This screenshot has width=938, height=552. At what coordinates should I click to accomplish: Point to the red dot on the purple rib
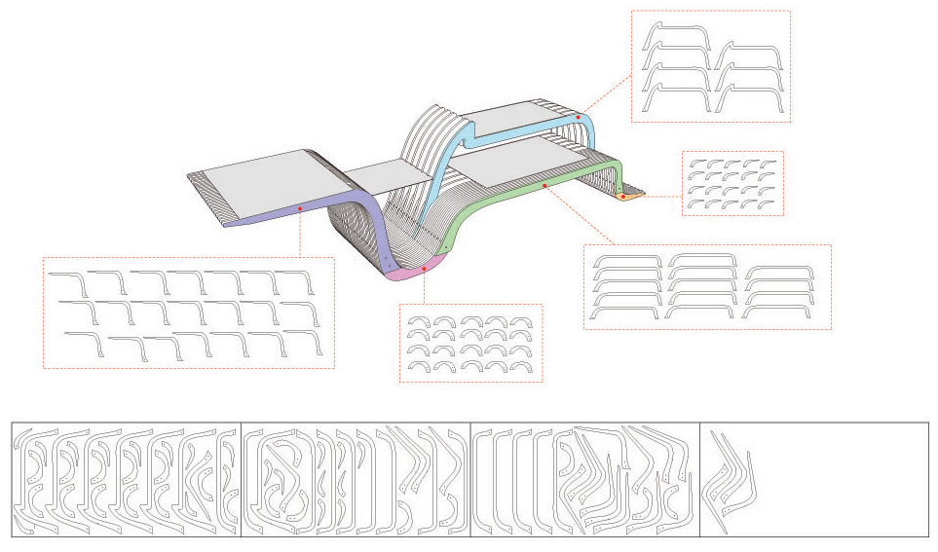pos(300,207)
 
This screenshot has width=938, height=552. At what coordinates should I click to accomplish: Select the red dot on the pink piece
pos(425,268)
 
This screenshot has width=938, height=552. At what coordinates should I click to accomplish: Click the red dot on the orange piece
pos(623,197)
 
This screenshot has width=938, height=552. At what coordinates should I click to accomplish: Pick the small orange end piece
pos(629,198)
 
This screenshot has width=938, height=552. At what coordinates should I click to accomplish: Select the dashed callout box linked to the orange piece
pos(732,183)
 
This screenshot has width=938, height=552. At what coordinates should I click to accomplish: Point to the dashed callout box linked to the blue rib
pos(709,66)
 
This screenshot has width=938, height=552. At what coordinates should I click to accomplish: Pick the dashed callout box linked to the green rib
pos(706,287)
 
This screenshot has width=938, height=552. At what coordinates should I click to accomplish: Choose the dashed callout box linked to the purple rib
pos(188,312)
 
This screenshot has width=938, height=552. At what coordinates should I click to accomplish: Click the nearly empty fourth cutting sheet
pos(813,479)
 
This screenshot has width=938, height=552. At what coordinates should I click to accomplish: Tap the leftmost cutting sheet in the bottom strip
pos(126,479)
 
